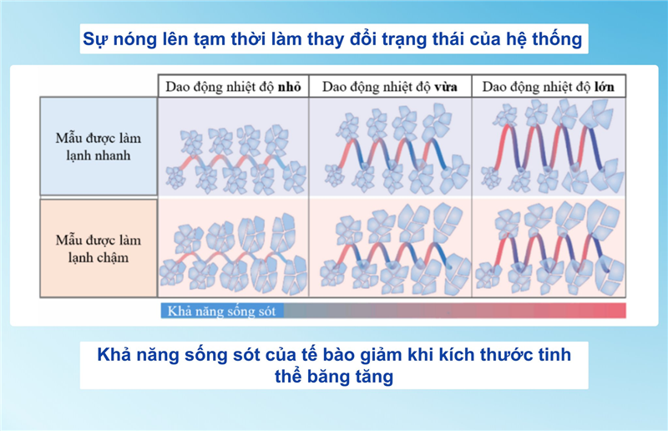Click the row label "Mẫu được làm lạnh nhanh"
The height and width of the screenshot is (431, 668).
pyautogui.click(x=99, y=146)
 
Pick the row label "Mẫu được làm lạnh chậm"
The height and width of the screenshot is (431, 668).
pyautogui.click(x=99, y=247)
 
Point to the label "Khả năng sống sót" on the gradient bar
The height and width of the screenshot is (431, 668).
pyautogui.click(x=222, y=311)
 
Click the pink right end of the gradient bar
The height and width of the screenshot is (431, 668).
pyautogui.click(x=614, y=311)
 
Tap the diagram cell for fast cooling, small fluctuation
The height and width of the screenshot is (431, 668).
pyautogui.click(x=233, y=148)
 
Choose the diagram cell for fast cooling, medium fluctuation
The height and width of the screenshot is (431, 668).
pyautogui.click(x=390, y=148)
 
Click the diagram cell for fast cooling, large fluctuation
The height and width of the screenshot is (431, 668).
pyautogui.click(x=549, y=148)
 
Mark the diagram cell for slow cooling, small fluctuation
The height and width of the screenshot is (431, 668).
pyautogui.click(x=233, y=247)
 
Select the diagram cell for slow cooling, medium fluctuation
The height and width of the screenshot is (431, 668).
pyautogui.click(x=390, y=247)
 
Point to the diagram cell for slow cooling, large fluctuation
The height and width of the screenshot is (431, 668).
pyautogui.click(x=549, y=247)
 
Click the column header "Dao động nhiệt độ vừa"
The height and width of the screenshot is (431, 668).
pyautogui.click(x=390, y=86)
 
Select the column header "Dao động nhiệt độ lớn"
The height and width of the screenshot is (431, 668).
pyautogui.click(x=549, y=86)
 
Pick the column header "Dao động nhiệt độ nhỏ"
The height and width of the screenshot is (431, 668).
pyautogui.click(x=233, y=86)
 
